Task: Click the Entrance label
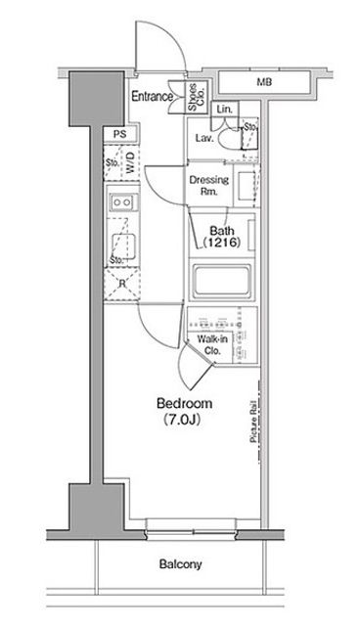tap(152, 96)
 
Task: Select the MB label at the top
tap(264, 82)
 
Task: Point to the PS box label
tap(119, 135)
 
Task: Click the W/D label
tap(130, 163)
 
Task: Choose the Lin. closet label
tap(225, 109)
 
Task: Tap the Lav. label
tap(204, 138)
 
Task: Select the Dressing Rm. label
tap(209, 185)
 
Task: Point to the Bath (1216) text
tap(222, 237)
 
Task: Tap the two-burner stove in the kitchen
tap(122, 202)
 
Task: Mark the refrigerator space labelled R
tap(121, 284)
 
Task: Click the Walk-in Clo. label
tap(212, 345)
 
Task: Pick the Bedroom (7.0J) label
tap(184, 411)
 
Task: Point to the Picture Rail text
tap(253, 422)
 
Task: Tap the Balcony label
tap(180, 564)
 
